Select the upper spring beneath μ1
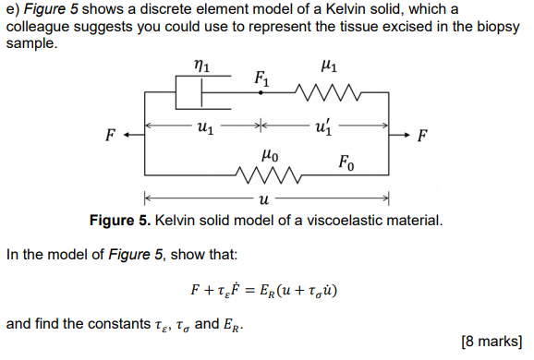tap(323, 92)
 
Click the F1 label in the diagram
tap(263, 78)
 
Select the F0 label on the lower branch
tap(346, 163)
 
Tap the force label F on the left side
tap(110, 137)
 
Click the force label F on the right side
tap(422, 137)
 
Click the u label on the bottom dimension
tap(264, 198)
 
